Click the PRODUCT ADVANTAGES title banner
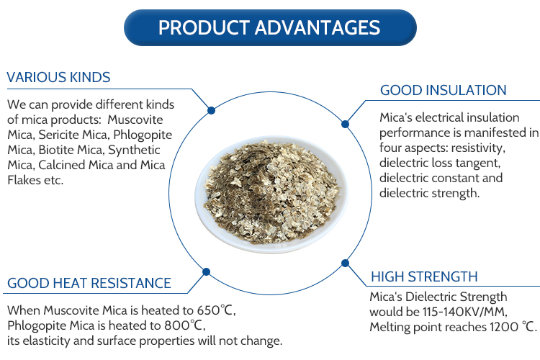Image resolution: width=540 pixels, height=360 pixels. point(270,27)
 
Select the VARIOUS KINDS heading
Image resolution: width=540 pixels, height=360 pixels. point(58,77)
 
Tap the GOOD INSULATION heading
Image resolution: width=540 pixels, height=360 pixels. point(444,90)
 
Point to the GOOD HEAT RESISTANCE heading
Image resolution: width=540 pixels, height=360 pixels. point(89,283)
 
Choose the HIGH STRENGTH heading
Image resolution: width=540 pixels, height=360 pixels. point(424,276)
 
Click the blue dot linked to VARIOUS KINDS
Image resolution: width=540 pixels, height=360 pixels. point(212,111)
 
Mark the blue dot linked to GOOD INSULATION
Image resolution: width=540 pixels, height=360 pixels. point(345,124)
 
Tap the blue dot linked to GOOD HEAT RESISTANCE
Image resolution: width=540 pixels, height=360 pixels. point(207,272)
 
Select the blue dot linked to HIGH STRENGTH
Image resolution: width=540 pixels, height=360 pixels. point(345,264)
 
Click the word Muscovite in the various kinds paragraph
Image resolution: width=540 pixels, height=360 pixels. point(135,120)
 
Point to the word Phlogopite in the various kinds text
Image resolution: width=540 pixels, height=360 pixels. point(143,135)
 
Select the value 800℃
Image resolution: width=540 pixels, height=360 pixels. point(184,325)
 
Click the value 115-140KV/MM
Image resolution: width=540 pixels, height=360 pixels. point(465,312)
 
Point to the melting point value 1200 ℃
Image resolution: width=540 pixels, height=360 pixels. point(513,327)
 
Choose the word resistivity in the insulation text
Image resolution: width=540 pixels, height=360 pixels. point(478,148)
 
